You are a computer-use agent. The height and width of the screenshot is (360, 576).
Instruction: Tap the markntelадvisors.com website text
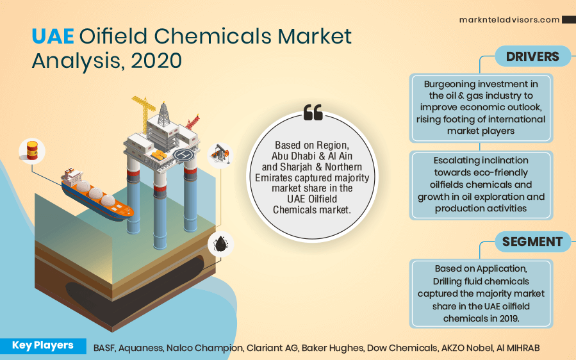tap(509, 20)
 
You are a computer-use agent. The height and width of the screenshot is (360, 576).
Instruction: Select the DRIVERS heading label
tap(532, 56)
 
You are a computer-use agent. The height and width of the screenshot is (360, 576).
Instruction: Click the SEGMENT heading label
tap(532, 241)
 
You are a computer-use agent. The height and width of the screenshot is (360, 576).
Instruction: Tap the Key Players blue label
tap(42, 346)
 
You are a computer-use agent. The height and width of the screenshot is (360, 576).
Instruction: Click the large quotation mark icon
tap(313, 113)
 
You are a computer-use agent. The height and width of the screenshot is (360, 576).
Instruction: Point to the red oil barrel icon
tap(31, 151)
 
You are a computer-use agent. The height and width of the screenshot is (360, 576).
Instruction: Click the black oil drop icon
tap(220, 244)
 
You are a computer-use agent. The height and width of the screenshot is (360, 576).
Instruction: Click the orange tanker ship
tap(96, 195)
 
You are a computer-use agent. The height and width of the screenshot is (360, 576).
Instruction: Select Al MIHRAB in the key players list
tap(517, 348)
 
